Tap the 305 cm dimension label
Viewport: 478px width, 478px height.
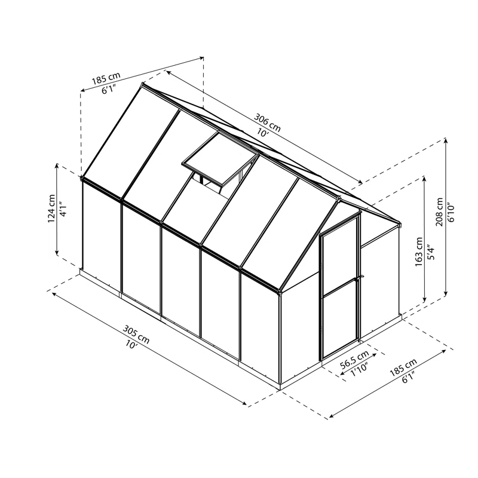click(137, 330)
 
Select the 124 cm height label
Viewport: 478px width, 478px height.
click(52, 210)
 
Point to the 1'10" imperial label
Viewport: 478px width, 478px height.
click(358, 370)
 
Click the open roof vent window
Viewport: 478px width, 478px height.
click(220, 161)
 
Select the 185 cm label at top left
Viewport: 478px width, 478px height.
click(106, 79)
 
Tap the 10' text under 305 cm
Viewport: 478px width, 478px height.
click(131, 343)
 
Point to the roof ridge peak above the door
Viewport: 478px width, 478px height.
click(339, 197)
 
